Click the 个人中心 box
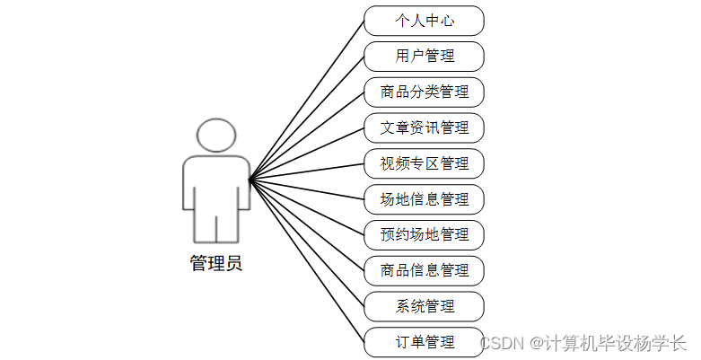(425, 20)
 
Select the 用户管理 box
(425, 56)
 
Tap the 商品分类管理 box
(425, 92)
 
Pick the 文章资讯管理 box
(425, 127)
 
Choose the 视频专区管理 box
(425, 163)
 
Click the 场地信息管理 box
(425, 198)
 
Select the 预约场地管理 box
(425, 234)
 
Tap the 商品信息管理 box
(425, 270)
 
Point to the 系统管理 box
(425, 306)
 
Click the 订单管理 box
(425, 342)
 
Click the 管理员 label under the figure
(215, 264)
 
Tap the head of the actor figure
(216, 134)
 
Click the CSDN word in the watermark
(500, 342)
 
